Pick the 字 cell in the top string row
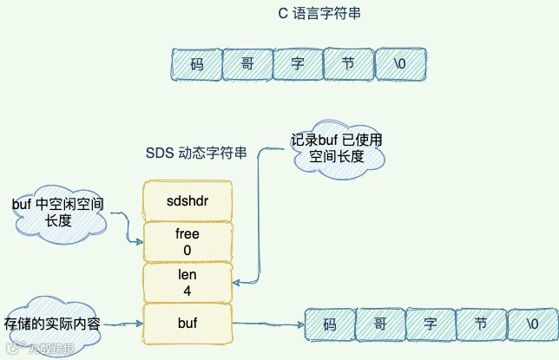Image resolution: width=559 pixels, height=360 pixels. (x=297, y=64)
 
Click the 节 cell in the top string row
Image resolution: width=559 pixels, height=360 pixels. (x=347, y=64)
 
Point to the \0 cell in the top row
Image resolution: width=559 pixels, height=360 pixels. (x=399, y=64)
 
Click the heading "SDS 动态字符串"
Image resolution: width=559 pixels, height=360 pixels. (x=196, y=154)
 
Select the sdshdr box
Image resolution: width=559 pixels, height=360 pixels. (x=187, y=200)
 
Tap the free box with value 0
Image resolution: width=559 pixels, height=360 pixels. (x=187, y=242)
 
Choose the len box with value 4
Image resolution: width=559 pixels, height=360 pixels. (x=187, y=284)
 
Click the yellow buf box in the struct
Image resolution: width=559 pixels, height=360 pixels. (x=187, y=324)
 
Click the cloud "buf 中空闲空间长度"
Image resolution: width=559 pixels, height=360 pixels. (x=58, y=213)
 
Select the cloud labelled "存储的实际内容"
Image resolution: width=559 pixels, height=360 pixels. (x=53, y=323)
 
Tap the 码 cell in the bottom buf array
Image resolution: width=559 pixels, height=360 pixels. (x=329, y=324)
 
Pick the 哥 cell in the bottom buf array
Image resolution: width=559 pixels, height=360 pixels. (x=379, y=324)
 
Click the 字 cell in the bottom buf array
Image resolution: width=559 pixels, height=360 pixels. (x=430, y=324)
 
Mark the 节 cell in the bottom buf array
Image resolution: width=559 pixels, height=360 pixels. (x=480, y=324)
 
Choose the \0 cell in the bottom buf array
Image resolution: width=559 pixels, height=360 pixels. (x=531, y=324)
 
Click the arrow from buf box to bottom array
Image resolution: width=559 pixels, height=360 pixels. (x=268, y=325)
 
